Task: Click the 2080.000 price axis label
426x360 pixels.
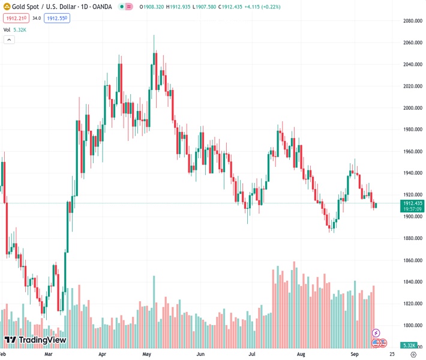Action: [412, 21]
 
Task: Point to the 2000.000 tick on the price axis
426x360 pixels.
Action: [412, 108]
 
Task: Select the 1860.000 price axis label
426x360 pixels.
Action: [412, 260]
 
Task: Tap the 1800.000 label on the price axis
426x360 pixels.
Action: [412, 326]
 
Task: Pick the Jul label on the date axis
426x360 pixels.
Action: [252, 355]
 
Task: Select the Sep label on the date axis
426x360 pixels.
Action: [354, 355]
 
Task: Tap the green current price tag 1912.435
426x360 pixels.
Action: [412, 203]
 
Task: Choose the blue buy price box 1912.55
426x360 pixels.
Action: [57, 18]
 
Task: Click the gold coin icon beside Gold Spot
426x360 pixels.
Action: [7, 6]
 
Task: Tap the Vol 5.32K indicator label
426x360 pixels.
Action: [15, 29]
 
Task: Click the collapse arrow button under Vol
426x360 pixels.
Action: [9, 40]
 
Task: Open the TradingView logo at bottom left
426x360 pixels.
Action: [35, 340]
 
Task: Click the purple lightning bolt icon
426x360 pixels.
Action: [376, 333]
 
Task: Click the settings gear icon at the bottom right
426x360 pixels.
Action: [413, 355]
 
